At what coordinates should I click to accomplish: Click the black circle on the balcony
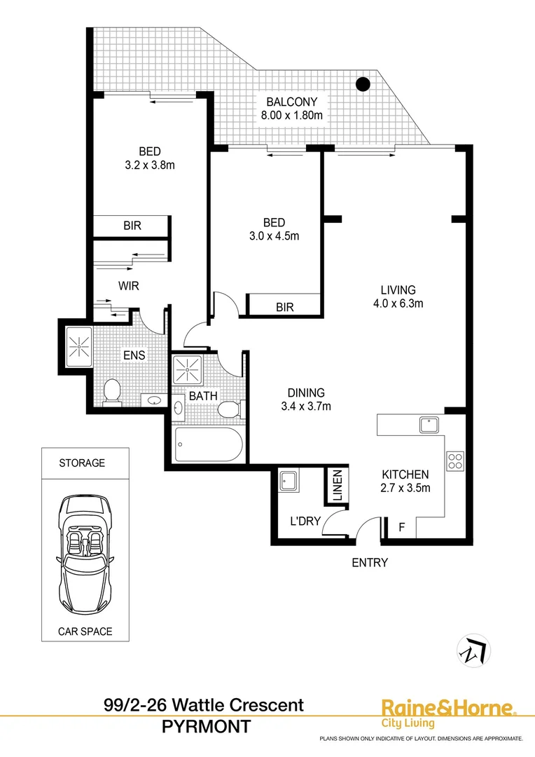(363, 85)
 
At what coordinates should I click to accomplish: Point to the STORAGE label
(82, 463)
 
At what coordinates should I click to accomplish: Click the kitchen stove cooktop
(454, 461)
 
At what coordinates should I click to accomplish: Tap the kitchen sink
(429, 425)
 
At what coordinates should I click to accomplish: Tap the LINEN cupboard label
(337, 486)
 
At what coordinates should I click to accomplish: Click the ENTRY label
(369, 562)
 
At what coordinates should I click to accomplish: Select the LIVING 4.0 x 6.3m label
(398, 296)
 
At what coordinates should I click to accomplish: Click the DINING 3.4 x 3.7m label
(305, 400)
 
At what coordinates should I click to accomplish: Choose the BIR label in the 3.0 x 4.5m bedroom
(284, 307)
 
